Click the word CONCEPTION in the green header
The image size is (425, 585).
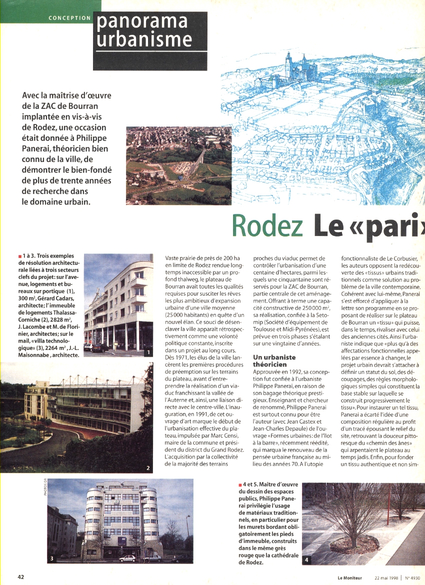[70, 18]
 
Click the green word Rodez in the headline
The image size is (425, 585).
[267, 226]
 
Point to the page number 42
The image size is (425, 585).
[21, 576]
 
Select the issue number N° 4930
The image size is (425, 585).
[413, 577]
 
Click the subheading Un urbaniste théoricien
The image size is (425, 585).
[274, 361]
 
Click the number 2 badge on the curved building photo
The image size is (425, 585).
[148, 468]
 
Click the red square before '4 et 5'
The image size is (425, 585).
[241, 485]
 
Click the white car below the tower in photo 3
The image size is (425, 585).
[126, 558]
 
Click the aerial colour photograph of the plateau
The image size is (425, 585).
[178, 165]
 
